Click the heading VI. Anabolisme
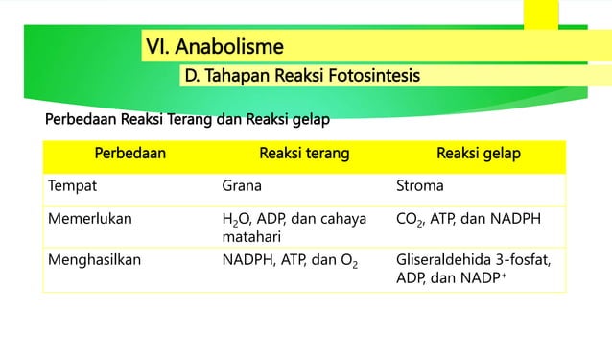click(x=215, y=45)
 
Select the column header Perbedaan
click(x=129, y=154)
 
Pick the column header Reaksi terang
click(x=304, y=154)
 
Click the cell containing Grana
click(x=242, y=186)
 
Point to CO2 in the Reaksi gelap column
click(x=410, y=219)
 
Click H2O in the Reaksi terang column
click(x=236, y=219)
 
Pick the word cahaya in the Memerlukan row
click(x=341, y=218)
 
